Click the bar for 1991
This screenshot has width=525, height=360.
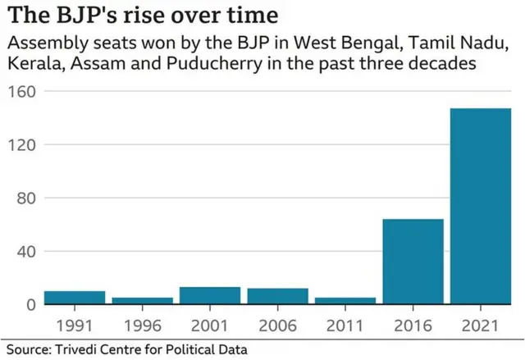tap(75, 298)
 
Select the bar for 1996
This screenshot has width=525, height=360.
tap(142, 300)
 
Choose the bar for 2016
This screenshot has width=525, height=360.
tap(413, 261)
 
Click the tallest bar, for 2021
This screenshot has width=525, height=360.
tap(480, 206)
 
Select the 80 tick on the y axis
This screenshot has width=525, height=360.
tap(25, 198)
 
